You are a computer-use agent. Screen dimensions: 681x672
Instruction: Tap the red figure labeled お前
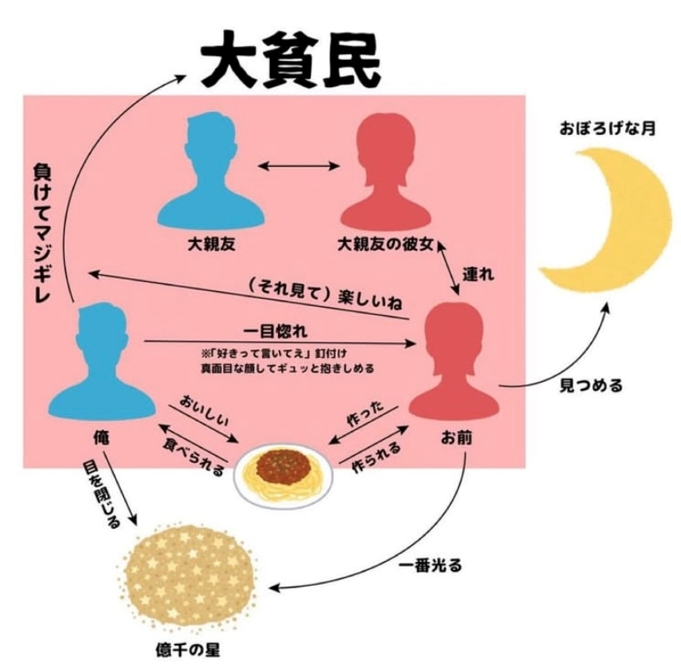pyautogui.click(x=454, y=361)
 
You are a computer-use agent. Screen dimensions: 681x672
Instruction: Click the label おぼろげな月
pyautogui.click(x=607, y=128)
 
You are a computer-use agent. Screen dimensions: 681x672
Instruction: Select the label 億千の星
pyautogui.click(x=188, y=650)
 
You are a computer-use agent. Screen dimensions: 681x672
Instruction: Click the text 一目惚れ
pyautogui.click(x=276, y=331)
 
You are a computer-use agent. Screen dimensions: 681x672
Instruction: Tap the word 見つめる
pyautogui.click(x=591, y=385)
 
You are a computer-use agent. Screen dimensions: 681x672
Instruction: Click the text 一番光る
pyautogui.click(x=430, y=565)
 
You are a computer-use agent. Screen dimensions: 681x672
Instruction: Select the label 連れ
pyautogui.click(x=478, y=274)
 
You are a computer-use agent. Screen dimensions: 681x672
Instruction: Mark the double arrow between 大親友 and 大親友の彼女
pyautogui.click(x=299, y=165)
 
